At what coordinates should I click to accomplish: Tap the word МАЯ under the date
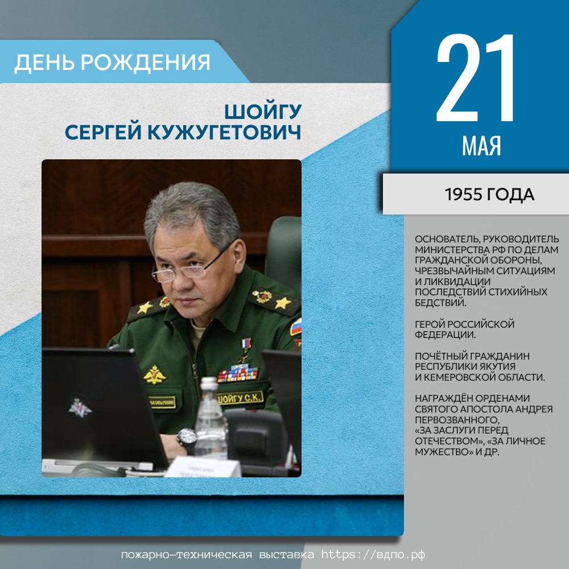pyautogui.click(x=481, y=146)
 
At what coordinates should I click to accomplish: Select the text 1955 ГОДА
pyautogui.click(x=489, y=195)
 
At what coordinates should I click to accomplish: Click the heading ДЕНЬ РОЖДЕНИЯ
pyautogui.click(x=112, y=62)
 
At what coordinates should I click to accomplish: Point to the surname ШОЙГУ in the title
pyautogui.click(x=263, y=111)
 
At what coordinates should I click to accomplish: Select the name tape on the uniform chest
pyautogui.click(x=240, y=398)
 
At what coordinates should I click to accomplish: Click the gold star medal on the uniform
pyautogui.click(x=246, y=349)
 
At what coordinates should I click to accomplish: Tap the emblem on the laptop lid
pyautogui.click(x=80, y=408)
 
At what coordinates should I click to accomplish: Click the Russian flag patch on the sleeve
pyautogui.click(x=296, y=327)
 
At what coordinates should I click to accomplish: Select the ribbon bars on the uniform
pyautogui.click(x=238, y=374)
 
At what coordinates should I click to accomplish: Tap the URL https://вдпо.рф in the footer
pyautogui.click(x=373, y=554)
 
